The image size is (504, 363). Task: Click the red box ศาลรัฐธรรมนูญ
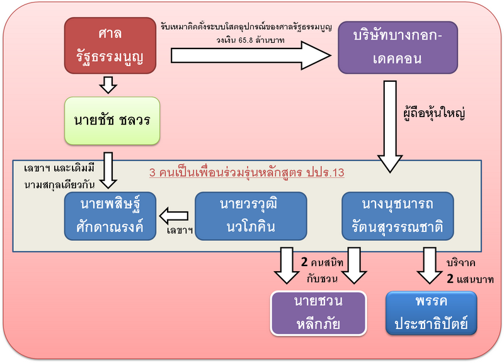pyautogui.click(x=110, y=45)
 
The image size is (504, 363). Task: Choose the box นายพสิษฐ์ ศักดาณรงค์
pyautogui.click(x=111, y=216)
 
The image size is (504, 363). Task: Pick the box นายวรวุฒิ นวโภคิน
pyautogui.click(x=250, y=216)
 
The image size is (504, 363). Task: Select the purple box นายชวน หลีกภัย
pyautogui.click(x=318, y=313)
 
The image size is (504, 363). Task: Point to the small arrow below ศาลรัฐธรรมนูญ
pyautogui.click(x=110, y=84)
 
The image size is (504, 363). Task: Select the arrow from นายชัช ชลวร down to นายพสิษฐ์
pyautogui.click(x=110, y=169)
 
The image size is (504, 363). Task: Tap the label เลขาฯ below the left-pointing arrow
pyautogui.click(x=179, y=231)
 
